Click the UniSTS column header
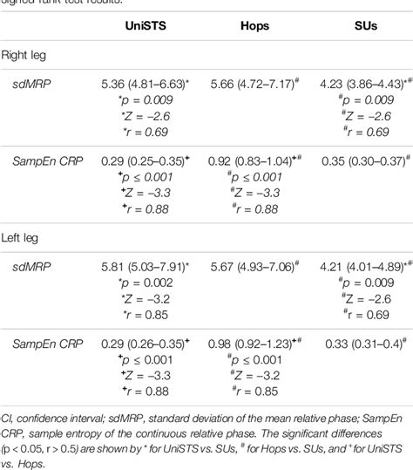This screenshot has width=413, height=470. (x=142, y=27)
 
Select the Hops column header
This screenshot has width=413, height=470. (x=254, y=27)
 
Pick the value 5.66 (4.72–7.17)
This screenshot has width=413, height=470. (x=254, y=85)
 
